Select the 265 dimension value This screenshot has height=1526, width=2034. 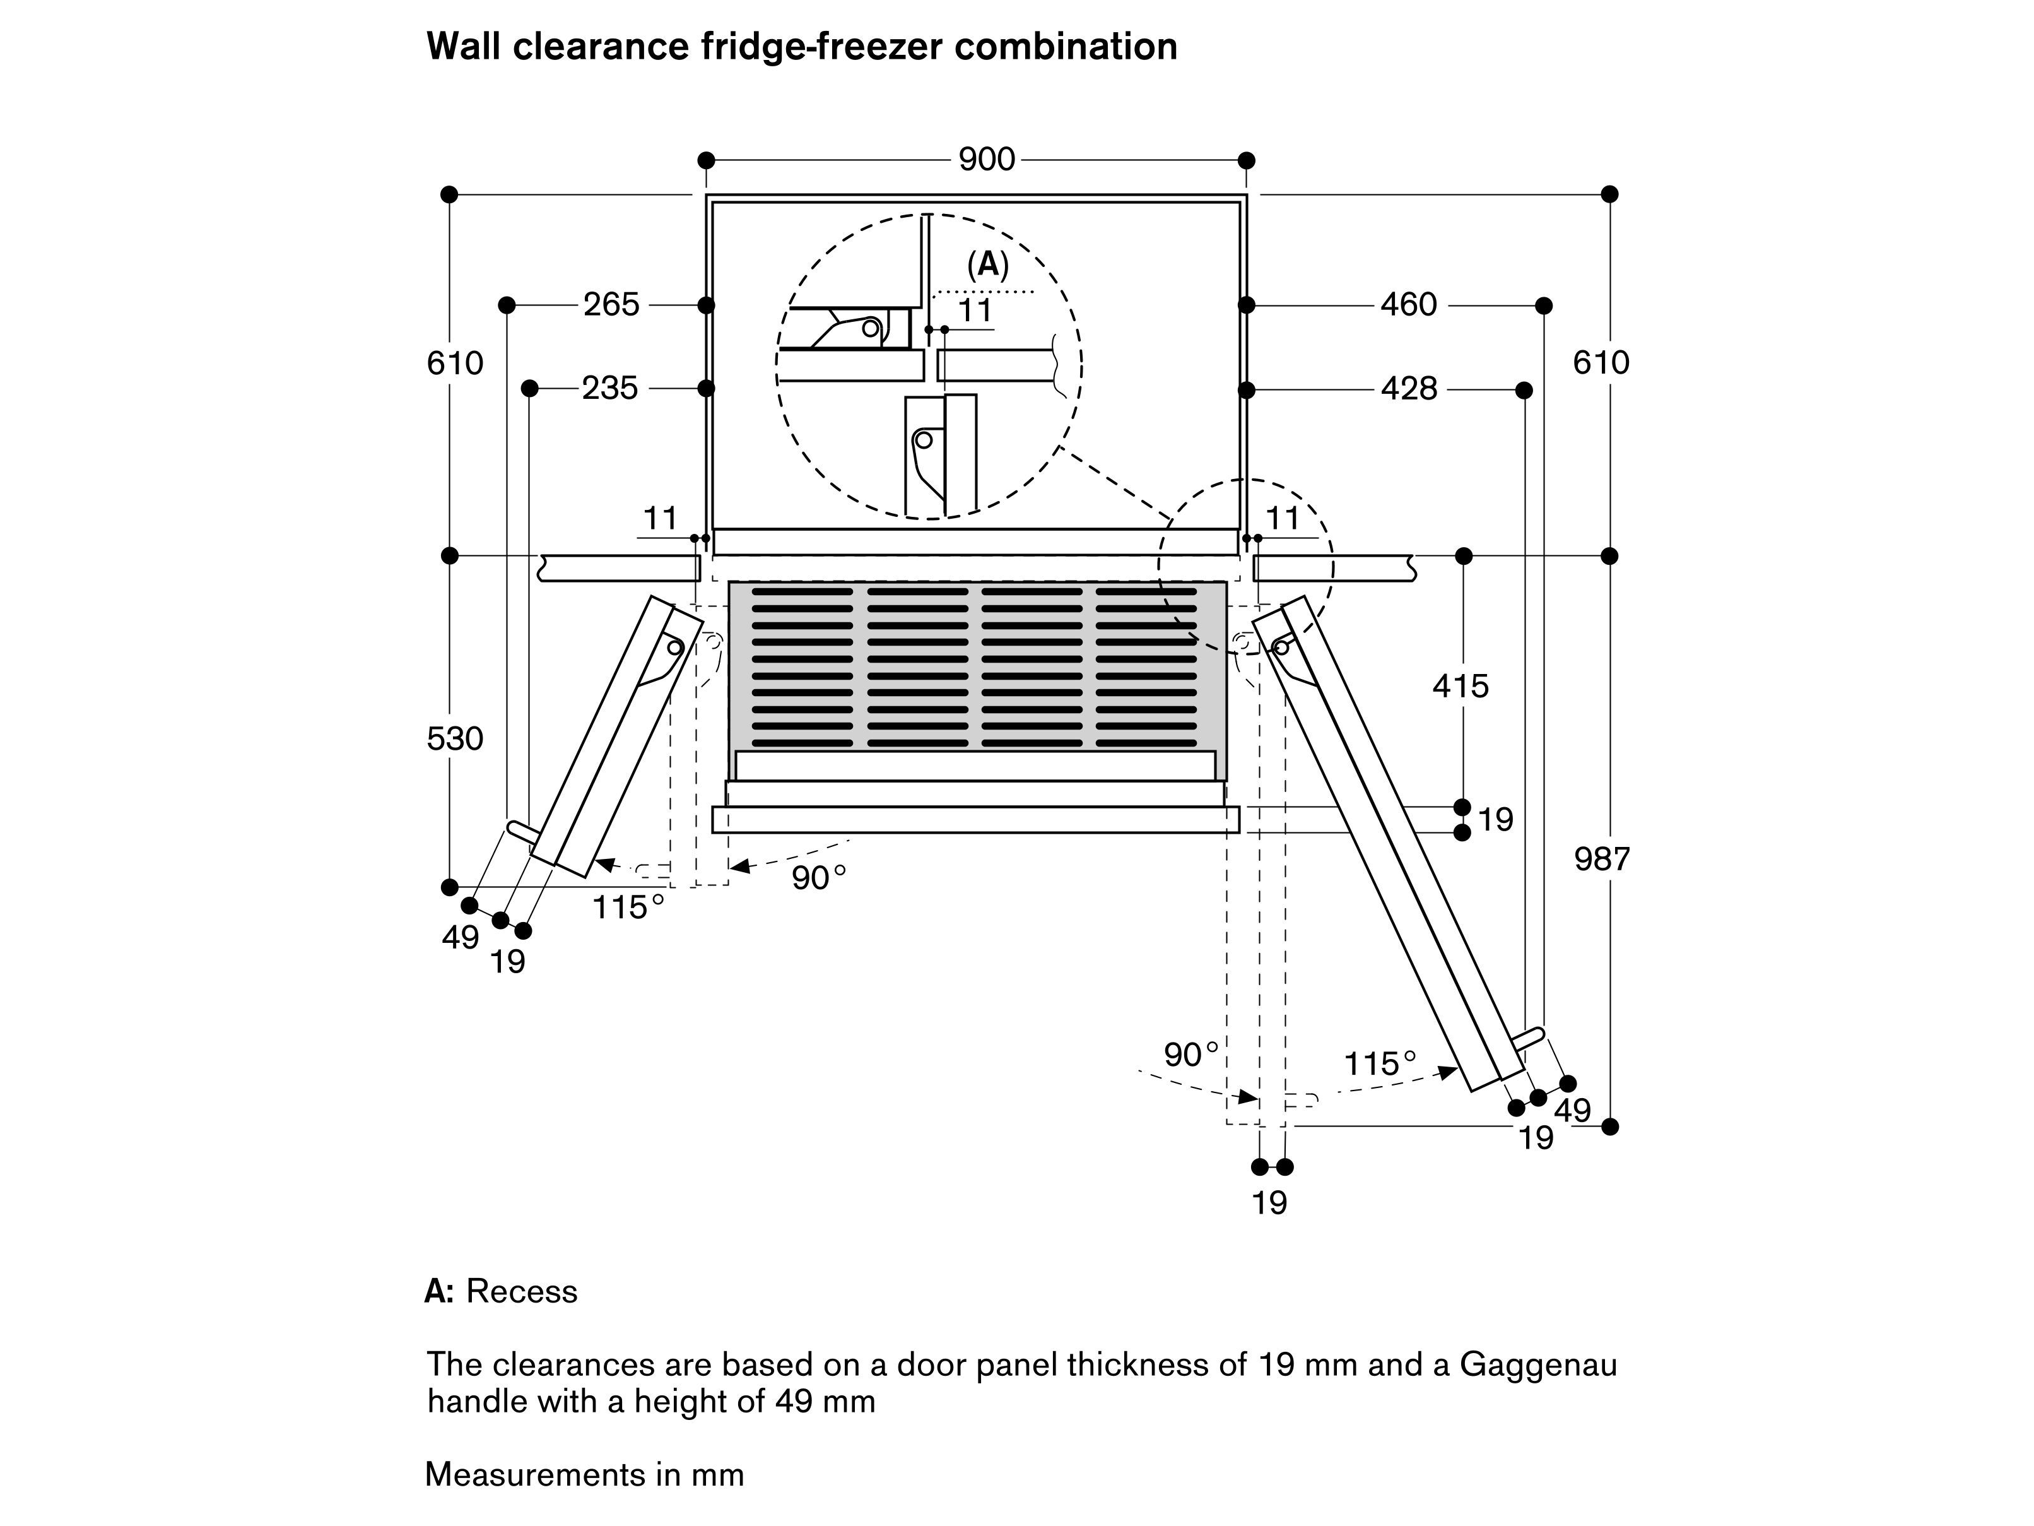click(611, 304)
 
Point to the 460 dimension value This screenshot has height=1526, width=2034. click(1408, 304)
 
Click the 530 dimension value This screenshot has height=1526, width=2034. click(455, 738)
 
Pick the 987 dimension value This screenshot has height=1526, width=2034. click(1601, 859)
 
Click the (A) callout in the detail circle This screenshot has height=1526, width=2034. click(987, 265)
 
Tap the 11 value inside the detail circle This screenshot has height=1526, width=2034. click(975, 311)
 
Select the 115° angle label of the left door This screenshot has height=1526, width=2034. click(628, 908)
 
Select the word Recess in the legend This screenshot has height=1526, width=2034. click(521, 1291)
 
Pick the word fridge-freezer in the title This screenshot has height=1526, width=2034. click(822, 46)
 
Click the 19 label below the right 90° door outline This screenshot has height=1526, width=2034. click(1270, 1202)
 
